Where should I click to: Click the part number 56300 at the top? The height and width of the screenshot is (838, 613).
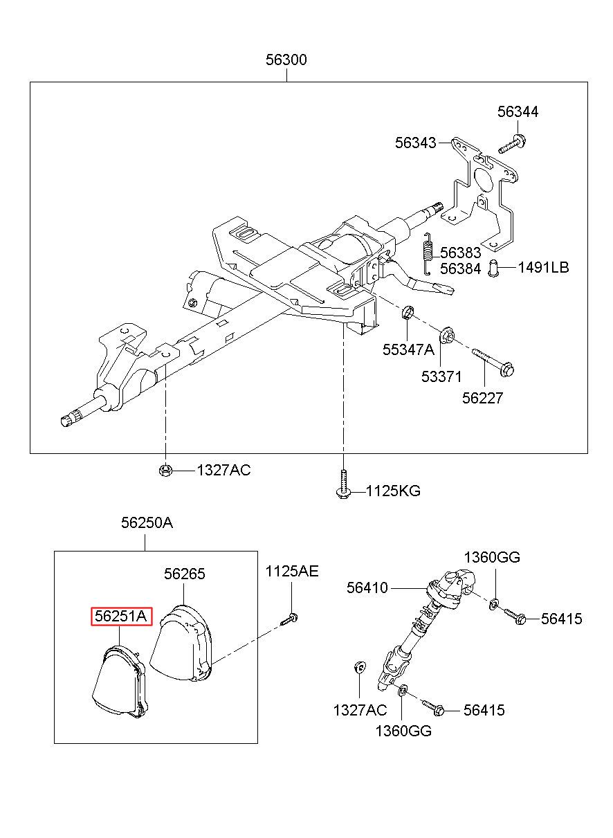(286, 60)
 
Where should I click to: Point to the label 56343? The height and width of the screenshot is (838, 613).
(416, 143)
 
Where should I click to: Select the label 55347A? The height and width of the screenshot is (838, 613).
(408, 349)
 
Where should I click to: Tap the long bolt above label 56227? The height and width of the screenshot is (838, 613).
(493, 362)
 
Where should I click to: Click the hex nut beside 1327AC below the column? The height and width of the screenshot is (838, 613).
(165, 471)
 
